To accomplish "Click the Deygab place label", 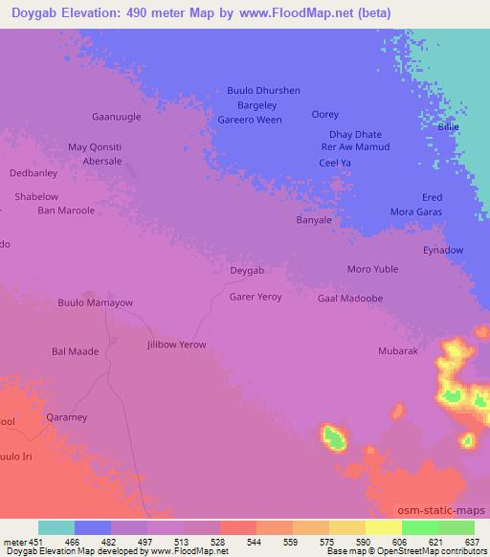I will click(247, 270).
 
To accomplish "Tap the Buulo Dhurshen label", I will click(263, 90).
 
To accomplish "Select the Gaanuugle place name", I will click(116, 116).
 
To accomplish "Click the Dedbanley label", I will click(33, 173).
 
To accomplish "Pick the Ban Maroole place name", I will click(66, 210).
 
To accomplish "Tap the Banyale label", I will click(314, 220).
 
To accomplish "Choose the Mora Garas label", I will click(415, 211).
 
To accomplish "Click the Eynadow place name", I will click(443, 250).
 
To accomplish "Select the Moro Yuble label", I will click(372, 269).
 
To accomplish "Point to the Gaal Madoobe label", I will click(350, 298).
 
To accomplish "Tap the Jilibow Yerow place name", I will click(176, 344).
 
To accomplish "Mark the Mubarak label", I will click(398, 351).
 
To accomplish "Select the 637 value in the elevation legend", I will click(471, 542).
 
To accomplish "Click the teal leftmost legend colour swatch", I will click(56, 527).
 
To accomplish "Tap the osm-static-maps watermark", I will click(441, 509).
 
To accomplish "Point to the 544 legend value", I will click(256, 542).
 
